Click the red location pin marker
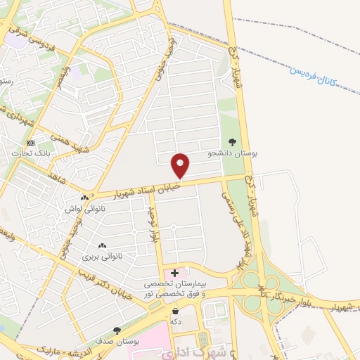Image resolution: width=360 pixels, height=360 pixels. tap(181, 165)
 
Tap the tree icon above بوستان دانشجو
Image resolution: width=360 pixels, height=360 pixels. tap(233, 142)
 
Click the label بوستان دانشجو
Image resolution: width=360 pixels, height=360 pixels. tap(233, 153)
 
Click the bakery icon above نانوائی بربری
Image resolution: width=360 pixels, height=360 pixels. tap(103, 246)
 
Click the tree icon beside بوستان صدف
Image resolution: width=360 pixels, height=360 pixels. tap(117, 330)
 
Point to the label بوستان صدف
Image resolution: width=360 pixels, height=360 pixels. tap(116, 341)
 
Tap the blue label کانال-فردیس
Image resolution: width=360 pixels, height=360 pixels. tap(311, 73)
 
